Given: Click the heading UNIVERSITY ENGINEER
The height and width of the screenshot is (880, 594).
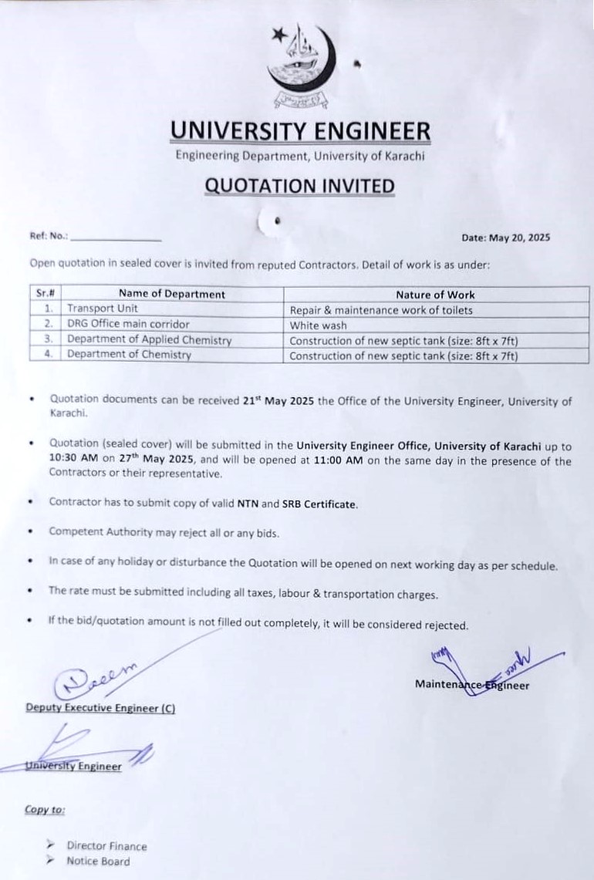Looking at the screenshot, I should pyautogui.click(x=300, y=132).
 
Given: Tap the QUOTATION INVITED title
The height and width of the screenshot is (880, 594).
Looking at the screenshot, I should pyautogui.click(x=300, y=186).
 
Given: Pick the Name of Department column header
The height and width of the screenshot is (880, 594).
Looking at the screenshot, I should pyautogui.click(x=172, y=294).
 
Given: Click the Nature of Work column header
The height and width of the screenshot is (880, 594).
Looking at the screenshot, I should pyautogui.click(x=435, y=295).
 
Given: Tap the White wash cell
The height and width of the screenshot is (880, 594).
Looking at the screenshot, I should pyautogui.click(x=318, y=325).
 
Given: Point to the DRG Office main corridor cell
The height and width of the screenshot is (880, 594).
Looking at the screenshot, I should pyautogui.click(x=127, y=325).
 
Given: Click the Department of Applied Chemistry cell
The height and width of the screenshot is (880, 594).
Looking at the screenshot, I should pyautogui.click(x=149, y=340).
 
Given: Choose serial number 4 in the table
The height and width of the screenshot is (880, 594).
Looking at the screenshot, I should pyautogui.click(x=48, y=355).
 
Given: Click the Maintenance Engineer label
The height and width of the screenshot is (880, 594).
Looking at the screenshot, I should pyautogui.click(x=471, y=684).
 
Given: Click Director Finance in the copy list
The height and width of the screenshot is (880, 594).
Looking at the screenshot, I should pyautogui.click(x=106, y=846).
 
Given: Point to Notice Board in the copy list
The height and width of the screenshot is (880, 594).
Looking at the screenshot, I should pyautogui.click(x=98, y=861).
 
